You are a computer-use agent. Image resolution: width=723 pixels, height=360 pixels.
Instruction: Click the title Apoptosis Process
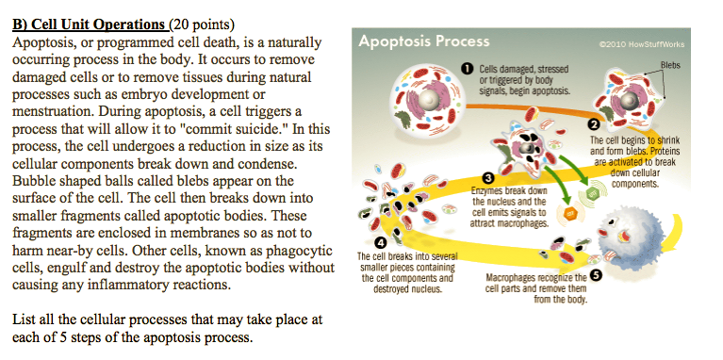tap(425, 41)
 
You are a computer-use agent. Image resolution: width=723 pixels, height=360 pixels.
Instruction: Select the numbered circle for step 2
tap(593, 124)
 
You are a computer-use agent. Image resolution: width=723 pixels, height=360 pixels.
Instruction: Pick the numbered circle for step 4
tap(381, 244)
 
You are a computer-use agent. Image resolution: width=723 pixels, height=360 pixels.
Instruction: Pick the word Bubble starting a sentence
tap(34, 181)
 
